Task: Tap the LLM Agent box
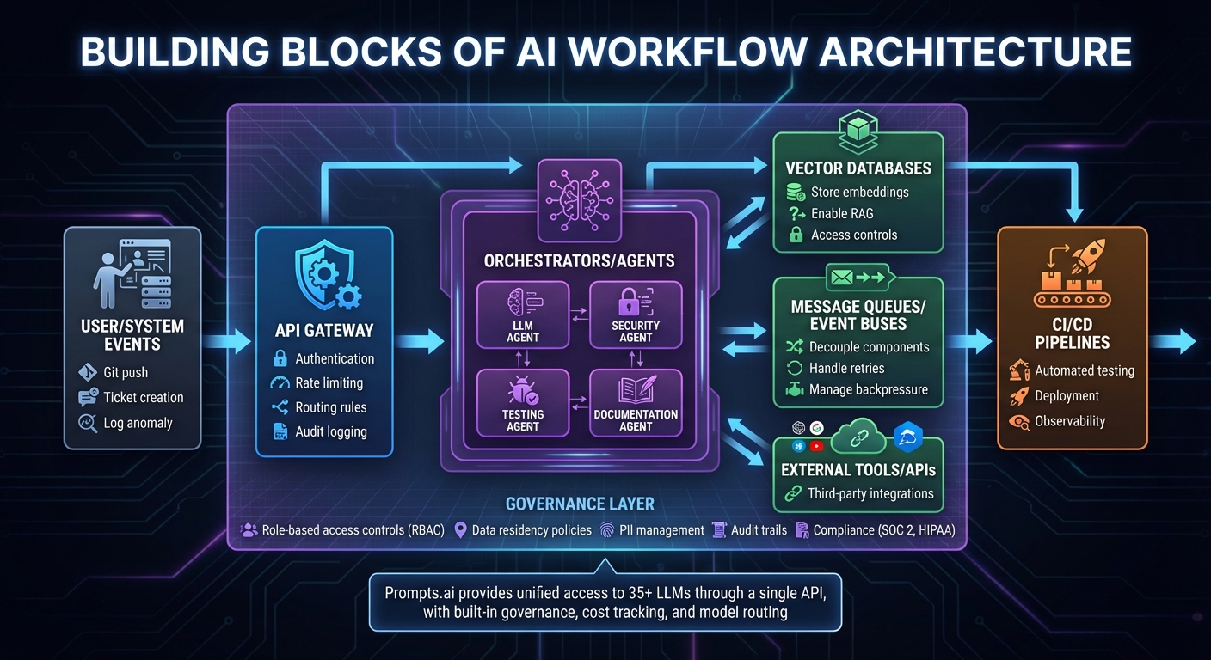pyautogui.click(x=523, y=315)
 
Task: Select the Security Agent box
pyautogui.click(x=636, y=315)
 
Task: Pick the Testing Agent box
pyautogui.click(x=523, y=401)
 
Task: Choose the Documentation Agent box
pyautogui.click(x=636, y=401)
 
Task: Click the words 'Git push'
pyautogui.click(x=126, y=373)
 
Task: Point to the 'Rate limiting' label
pyautogui.click(x=329, y=383)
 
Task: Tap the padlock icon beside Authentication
pyautogui.click(x=280, y=359)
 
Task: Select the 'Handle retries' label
pyautogui.click(x=846, y=368)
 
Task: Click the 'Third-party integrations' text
pyautogui.click(x=870, y=493)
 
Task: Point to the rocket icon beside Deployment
pyautogui.click(x=1019, y=396)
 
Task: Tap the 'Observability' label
pyautogui.click(x=1070, y=421)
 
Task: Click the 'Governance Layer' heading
pyautogui.click(x=580, y=504)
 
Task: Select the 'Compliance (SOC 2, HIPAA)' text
pyautogui.click(x=884, y=530)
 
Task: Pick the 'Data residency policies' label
pyautogui.click(x=532, y=530)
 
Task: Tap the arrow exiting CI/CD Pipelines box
pyautogui.click(x=1172, y=342)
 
